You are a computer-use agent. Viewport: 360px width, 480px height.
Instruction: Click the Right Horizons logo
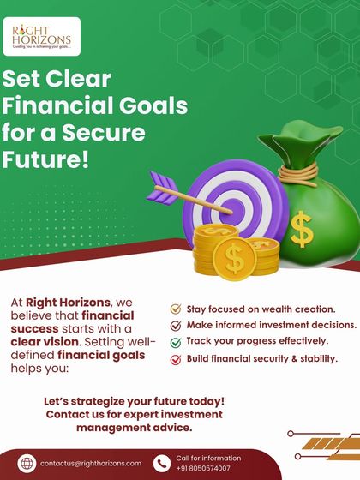point(42,37)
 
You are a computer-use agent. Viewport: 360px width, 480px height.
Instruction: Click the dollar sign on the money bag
point(301,229)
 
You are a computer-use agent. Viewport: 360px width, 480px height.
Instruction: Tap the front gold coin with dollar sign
point(229,256)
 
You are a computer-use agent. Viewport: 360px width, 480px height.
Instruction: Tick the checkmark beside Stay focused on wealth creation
point(176,309)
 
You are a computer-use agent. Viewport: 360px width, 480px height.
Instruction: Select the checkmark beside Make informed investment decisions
point(176,326)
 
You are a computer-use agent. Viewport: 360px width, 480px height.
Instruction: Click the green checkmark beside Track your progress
point(176,342)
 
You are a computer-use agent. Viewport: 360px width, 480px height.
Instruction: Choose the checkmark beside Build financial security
point(176,359)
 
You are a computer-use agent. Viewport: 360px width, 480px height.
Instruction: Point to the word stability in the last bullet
point(317,359)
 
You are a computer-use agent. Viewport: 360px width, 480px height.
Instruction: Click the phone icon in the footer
point(161,463)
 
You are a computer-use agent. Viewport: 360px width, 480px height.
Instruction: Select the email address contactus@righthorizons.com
point(91,463)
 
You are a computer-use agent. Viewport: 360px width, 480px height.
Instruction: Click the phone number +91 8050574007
point(203,469)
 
